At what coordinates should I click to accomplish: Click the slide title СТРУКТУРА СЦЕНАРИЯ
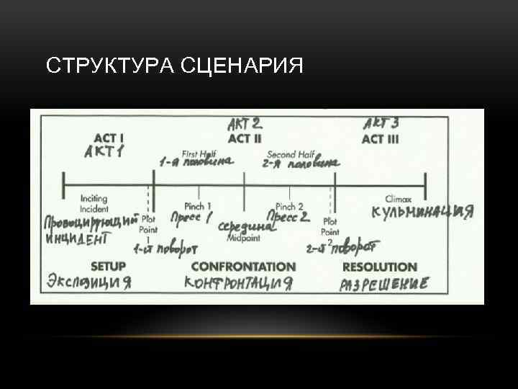click(x=174, y=66)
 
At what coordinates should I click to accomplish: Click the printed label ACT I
click(x=109, y=137)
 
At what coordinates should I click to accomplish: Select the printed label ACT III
click(x=380, y=138)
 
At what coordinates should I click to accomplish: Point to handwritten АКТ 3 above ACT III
click(x=381, y=123)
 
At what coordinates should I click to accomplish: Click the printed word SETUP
click(x=108, y=267)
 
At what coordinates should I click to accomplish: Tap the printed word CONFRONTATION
click(x=243, y=267)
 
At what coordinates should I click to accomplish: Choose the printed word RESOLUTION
click(x=379, y=267)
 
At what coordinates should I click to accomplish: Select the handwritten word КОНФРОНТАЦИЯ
click(x=240, y=282)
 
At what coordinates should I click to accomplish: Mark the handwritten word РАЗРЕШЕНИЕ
click(x=383, y=283)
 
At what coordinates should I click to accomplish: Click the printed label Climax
click(x=398, y=198)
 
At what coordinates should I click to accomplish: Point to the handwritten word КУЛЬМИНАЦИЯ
click(x=422, y=212)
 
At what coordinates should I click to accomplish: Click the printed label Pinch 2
click(x=289, y=206)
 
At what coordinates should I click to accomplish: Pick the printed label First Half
click(x=199, y=153)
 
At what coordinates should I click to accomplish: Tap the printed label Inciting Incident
click(x=94, y=203)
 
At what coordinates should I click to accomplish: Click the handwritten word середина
click(x=246, y=225)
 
